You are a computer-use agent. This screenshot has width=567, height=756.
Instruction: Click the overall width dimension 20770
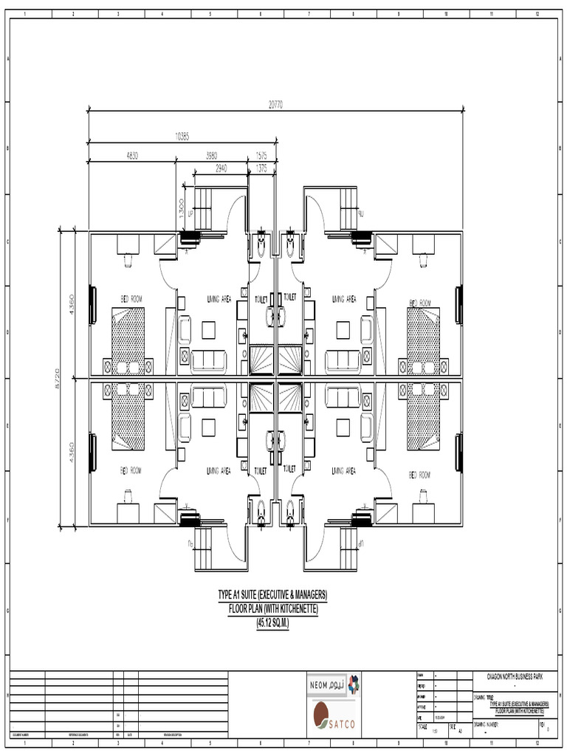point(275,106)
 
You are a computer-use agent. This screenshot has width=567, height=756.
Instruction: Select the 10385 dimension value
point(182,135)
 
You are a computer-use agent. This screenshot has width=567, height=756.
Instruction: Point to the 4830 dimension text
point(132,156)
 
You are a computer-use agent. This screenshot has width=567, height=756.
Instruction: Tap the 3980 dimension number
point(211,156)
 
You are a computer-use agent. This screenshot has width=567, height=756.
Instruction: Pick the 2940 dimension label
point(221,168)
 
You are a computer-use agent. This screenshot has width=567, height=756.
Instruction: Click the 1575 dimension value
point(261,156)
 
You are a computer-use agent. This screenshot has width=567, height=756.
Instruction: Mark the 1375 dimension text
point(261,168)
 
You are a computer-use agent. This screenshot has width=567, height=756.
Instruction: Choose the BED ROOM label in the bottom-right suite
point(420,474)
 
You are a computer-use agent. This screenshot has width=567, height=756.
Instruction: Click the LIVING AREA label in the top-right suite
point(343,299)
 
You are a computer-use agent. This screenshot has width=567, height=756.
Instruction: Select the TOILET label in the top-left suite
point(261,299)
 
